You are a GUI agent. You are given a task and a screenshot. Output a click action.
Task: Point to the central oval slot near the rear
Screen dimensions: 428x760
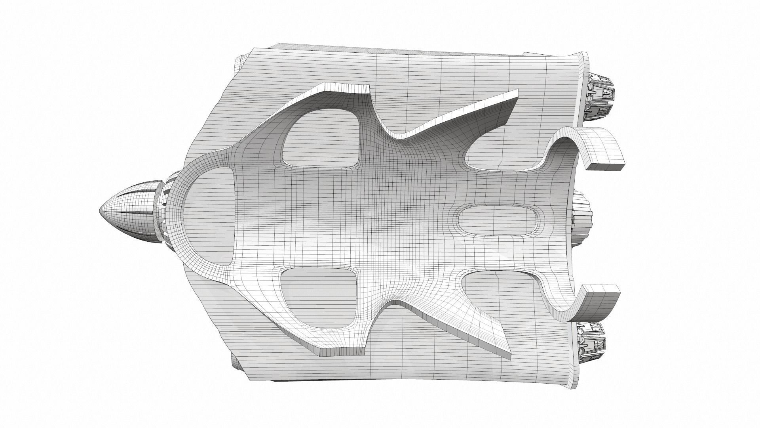499,220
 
